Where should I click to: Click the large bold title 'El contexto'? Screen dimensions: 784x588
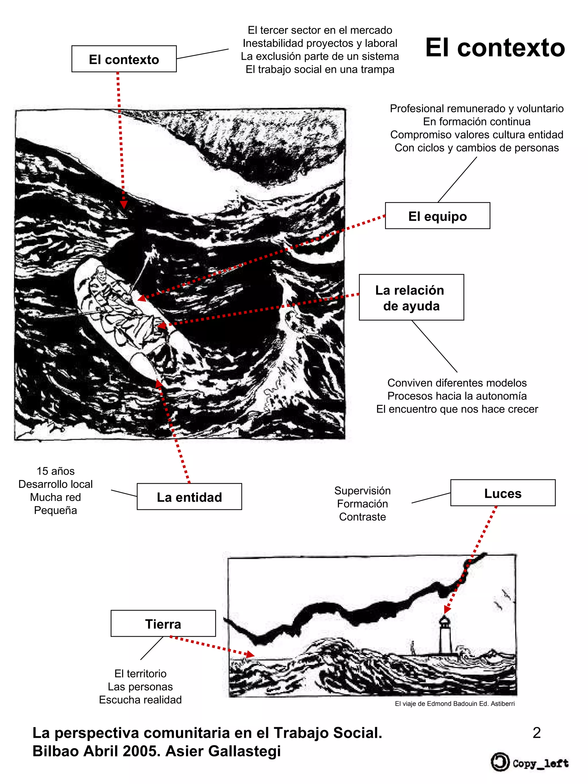pyautogui.click(x=495, y=48)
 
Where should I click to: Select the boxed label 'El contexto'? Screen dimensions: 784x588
pyautogui.click(x=124, y=59)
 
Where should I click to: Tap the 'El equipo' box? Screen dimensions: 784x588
pyautogui.click(x=437, y=216)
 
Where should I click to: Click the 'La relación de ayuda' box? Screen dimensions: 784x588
pyautogui.click(x=411, y=297)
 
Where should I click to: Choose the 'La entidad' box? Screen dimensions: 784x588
pyautogui.click(x=189, y=497)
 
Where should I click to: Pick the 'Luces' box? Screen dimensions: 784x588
pyautogui.click(x=502, y=493)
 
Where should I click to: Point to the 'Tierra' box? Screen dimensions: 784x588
pyautogui.click(x=163, y=624)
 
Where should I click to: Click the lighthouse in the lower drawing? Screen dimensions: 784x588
pyautogui.click(x=444, y=635)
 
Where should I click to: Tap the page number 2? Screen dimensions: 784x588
pyautogui.click(x=536, y=733)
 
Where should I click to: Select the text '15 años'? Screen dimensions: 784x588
pyautogui.click(x=56, y=471)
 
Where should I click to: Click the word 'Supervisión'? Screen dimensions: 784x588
pyautogui.click(x=362, y=491)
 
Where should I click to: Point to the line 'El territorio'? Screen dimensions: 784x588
pyautogui.click(x=140, y=673)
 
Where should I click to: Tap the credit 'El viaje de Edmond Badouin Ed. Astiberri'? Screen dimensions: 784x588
pyautogui.click(x=455, y=704)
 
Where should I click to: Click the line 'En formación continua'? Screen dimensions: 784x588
pyautogui.click(x=476, y=121)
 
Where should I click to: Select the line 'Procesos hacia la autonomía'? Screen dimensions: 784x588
pyautogui.click(x=457, y=396)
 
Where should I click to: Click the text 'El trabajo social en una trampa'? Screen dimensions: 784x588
pyautogui.click(x=320, y=69)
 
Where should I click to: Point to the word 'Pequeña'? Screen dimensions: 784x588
pyautogui.click(x=56, y=510)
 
